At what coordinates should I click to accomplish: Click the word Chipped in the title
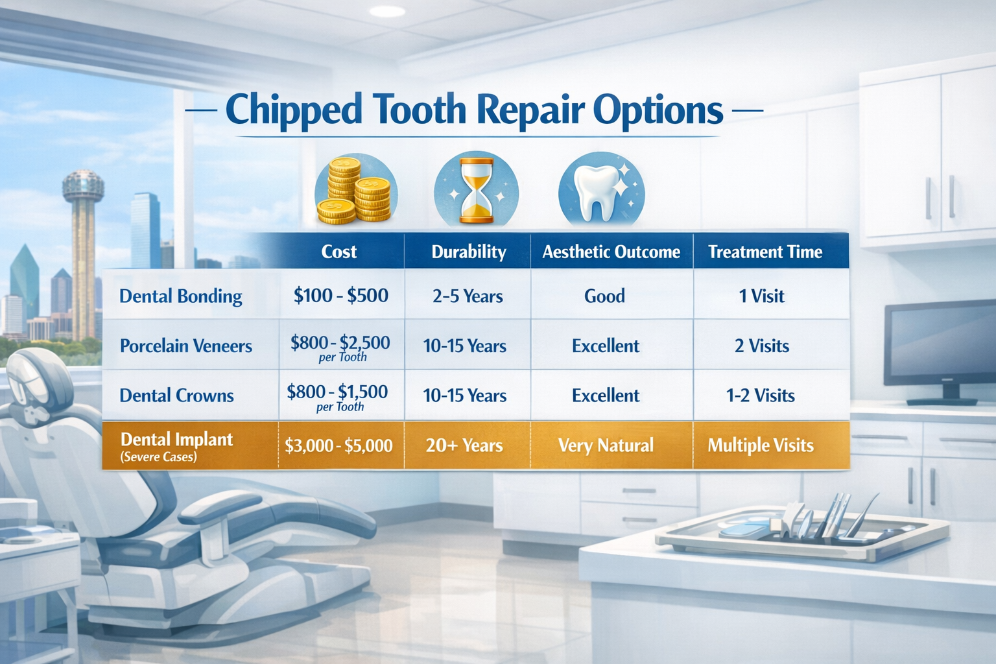(x=294, y=110)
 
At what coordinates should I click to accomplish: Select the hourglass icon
(x=476, y=191)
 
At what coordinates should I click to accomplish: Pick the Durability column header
(x=469, y=252)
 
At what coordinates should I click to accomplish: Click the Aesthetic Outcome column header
(x=611, y=252)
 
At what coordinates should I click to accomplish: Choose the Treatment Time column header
(x=765, y=252)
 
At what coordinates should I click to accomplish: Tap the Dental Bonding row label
(x=180, y=296)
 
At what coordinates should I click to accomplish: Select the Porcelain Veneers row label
(x=185, y=346)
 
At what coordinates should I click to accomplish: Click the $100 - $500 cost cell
(x=341, y=296)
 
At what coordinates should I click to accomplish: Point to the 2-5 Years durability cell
(x=468, y=296)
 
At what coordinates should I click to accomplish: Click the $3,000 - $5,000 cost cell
(x=338, y=445)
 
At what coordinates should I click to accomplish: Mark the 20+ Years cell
(x=464, y=445)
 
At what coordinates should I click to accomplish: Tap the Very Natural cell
(x=606, y=445)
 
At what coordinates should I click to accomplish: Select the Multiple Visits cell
(x=761, y=445)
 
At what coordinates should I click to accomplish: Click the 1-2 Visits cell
(x=760, y=396)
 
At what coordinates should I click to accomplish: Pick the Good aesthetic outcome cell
(x=604, y=296)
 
